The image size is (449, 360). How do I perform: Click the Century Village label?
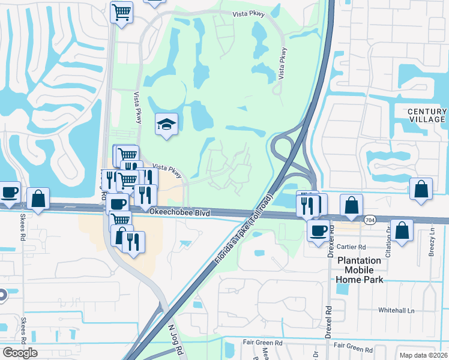(x=427, y=115)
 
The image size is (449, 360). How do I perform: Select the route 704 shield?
(x=370, y=220)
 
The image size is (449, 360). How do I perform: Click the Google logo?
(x=20, y=353)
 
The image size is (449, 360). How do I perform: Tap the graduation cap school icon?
(x=166, y=124)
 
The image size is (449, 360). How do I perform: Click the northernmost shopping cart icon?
(x=121, y=11)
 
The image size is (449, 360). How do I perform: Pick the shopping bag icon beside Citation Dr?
(x=403, y=229)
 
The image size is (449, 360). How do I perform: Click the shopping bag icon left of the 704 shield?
(x=351, y=205)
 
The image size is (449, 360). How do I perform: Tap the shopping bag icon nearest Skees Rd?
(x=38, y=199)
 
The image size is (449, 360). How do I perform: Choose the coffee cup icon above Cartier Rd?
(x=318, y=229)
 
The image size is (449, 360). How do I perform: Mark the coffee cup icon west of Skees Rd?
(x=9, y=192)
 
